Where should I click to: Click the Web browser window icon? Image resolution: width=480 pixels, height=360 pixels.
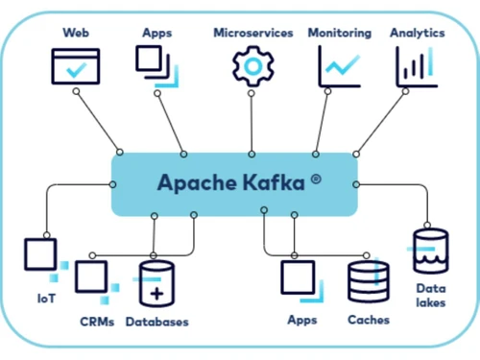[x=75, y=66]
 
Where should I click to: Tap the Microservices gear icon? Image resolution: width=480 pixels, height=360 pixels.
[x=252, y=65]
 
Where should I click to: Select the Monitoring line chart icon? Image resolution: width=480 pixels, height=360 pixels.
[x=339, y=65]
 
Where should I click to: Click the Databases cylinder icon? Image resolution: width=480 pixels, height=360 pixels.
[x=157, y=285]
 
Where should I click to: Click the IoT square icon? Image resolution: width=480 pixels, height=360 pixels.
[x=42, y=254]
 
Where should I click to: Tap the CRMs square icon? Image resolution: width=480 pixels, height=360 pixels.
[x=92, y=278]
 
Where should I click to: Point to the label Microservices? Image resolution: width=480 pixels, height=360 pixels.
[x=252, y=33]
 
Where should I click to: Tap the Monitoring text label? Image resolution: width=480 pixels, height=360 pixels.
[x=339, y=33]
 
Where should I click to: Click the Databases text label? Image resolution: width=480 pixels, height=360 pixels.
[x=156, y=322]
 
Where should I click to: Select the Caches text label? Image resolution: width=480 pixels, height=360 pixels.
[x=368, y=320]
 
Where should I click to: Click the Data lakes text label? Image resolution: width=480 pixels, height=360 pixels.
[x=429, y=295]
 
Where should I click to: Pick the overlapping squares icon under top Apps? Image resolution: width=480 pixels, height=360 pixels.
[x=156, y=65]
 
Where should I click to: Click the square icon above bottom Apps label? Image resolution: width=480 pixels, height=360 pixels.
[x=299, y=278]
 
